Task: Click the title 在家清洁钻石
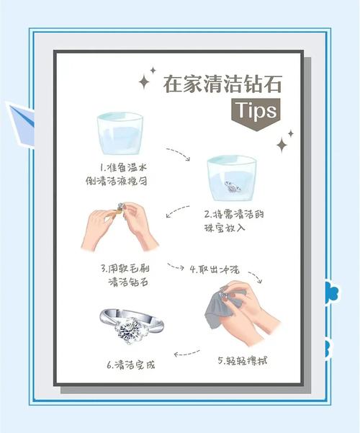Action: coord(222,84)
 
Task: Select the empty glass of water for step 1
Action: coord(120,133)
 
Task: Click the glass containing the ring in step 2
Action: coord(232,178)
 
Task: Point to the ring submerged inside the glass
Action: coord(233,187)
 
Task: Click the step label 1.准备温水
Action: coord(123,167)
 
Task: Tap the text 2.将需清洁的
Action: coord(234,214)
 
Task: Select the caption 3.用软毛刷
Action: coord(125,268)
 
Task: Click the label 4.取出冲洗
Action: coord(215,269)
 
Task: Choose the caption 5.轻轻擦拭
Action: coord(243,360)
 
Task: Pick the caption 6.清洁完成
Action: coord(131,365)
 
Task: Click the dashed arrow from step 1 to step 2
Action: coord(179,153)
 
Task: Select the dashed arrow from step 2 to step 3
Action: coord(178,210)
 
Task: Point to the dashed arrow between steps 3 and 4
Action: coord(176,267)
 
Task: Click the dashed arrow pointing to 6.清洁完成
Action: coord(187,353)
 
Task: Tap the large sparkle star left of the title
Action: coord(144,81)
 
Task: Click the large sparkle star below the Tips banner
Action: coord(282,145)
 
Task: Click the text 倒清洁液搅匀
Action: coord(116,181)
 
